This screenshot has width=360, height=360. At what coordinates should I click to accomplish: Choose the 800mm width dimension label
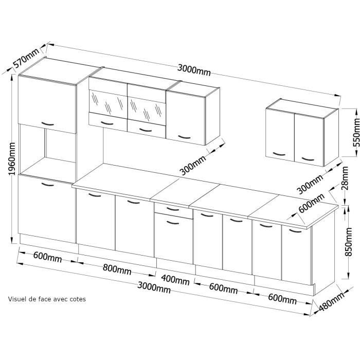pyautogui.click(x=116, y=269)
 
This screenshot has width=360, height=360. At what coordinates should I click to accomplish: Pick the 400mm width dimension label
pyautogui.click(x=175, y=280)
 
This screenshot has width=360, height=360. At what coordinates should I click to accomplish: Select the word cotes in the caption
pyautogui.click(x=77, y=298)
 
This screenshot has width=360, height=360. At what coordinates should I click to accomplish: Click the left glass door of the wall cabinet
pyautogui.click(x=108, y=103)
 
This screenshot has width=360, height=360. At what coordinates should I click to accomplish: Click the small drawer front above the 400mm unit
pyautogui.click(x=173, y=209)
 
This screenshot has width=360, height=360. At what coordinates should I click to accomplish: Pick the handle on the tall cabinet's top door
pyautogui.click(x=47, y=124)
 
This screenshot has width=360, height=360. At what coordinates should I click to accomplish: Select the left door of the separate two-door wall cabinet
pyautogui.click(x=280, y=135)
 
